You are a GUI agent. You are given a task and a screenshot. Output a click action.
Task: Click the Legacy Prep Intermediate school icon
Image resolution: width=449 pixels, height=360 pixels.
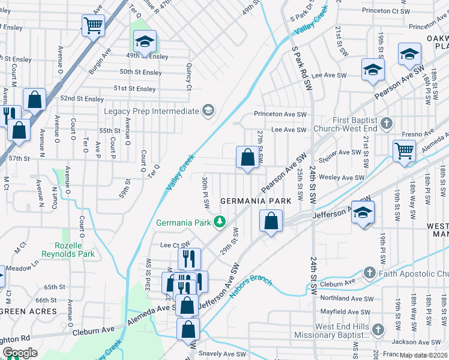click(x=208, y=111)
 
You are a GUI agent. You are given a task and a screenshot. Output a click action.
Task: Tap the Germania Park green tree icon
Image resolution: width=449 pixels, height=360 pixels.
click(x=220, y=223)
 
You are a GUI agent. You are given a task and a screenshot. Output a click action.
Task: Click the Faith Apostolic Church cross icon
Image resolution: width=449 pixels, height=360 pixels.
click(x=372, y=274)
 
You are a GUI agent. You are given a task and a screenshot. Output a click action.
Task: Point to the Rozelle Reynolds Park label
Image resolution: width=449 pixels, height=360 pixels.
click(x=74, y=250)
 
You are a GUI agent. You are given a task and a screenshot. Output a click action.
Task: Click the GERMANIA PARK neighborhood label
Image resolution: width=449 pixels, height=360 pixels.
click(x=255, y=200)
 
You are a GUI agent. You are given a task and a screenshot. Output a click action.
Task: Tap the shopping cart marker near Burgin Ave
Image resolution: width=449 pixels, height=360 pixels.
click(x=93, y=25)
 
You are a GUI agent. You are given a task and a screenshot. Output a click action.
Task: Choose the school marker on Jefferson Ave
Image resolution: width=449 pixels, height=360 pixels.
click(x=363, y=212)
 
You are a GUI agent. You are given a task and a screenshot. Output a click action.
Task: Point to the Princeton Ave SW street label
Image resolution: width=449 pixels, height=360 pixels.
click(x=280, y=114)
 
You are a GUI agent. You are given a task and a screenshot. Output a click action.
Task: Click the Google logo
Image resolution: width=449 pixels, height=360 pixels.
click(x=20, y=353)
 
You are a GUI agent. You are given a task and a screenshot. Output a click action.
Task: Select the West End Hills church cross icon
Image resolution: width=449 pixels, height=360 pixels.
click(x=378, y=329)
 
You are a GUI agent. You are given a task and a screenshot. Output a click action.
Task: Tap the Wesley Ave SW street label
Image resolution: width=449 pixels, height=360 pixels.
click(x=342, y=178)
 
